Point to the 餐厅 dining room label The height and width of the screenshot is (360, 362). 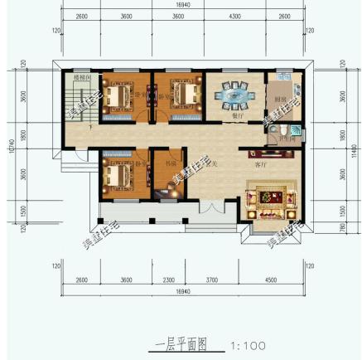tap(236, 116)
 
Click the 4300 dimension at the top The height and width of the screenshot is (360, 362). tap(234, 16)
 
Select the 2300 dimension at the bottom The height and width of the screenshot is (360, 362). tap(168, 280)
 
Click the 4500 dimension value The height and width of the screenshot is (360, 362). tap(271, 280)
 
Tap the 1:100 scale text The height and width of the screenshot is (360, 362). tap(248, 344)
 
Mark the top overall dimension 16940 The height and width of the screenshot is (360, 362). tap(183, 4)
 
